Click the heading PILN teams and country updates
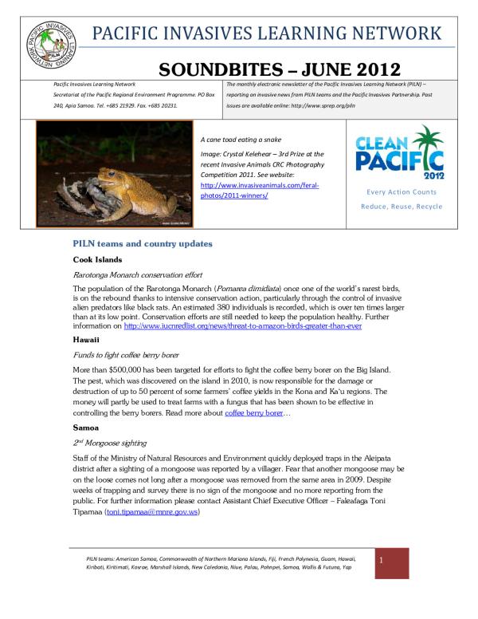point(144,241)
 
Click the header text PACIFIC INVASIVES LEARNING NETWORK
point(266,34)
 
